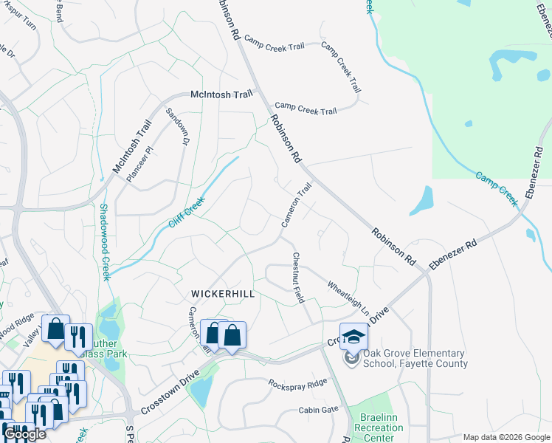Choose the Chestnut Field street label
tap(298, 278)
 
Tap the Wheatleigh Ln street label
tap(348, 294)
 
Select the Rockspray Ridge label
tap(297, 384)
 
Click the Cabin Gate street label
tap(318, 410)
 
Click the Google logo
tap(24, 434)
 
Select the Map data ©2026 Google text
tap(507, 437)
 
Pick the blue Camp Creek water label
tap(497, 188)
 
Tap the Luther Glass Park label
tap(103, 348)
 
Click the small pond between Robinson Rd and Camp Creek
tap(421, 200)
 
